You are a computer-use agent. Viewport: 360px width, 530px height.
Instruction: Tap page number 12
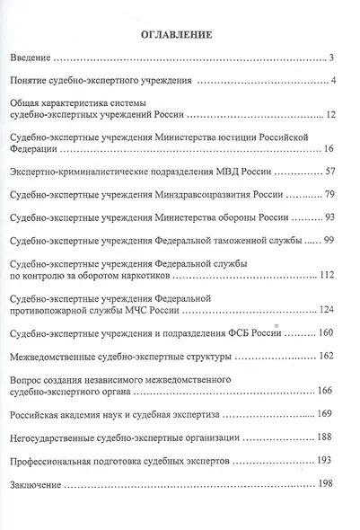tap(330, 116)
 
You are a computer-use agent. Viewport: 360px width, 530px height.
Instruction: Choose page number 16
tap(329, 148)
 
